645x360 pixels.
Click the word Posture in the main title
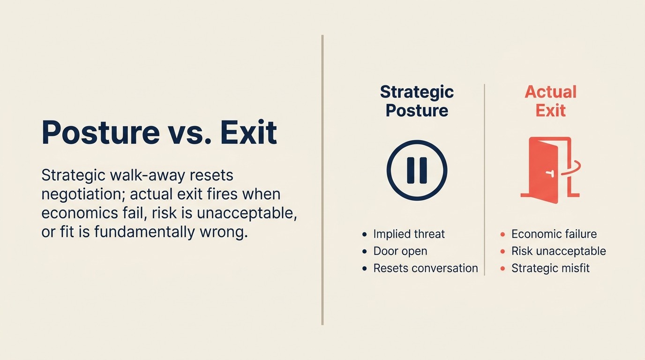(x=100, y=133)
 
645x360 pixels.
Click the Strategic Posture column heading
(x=417, y=101)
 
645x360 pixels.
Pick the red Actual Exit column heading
(x=551, y=101)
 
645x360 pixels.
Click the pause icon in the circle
(x=417, y=170)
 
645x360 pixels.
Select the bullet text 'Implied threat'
(x=409, y=234)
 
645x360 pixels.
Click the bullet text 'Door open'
(x=400, y=251)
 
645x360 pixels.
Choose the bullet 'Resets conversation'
(x=425, y=268)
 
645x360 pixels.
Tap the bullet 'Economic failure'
(x=554, y=234)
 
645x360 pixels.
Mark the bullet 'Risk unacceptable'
(x=558, y=251)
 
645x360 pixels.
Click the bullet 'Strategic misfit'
(x=550, y=268)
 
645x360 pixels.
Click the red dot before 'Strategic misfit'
(x=503, y=269)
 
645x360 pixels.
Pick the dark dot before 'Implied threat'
(x=365, y=234)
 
